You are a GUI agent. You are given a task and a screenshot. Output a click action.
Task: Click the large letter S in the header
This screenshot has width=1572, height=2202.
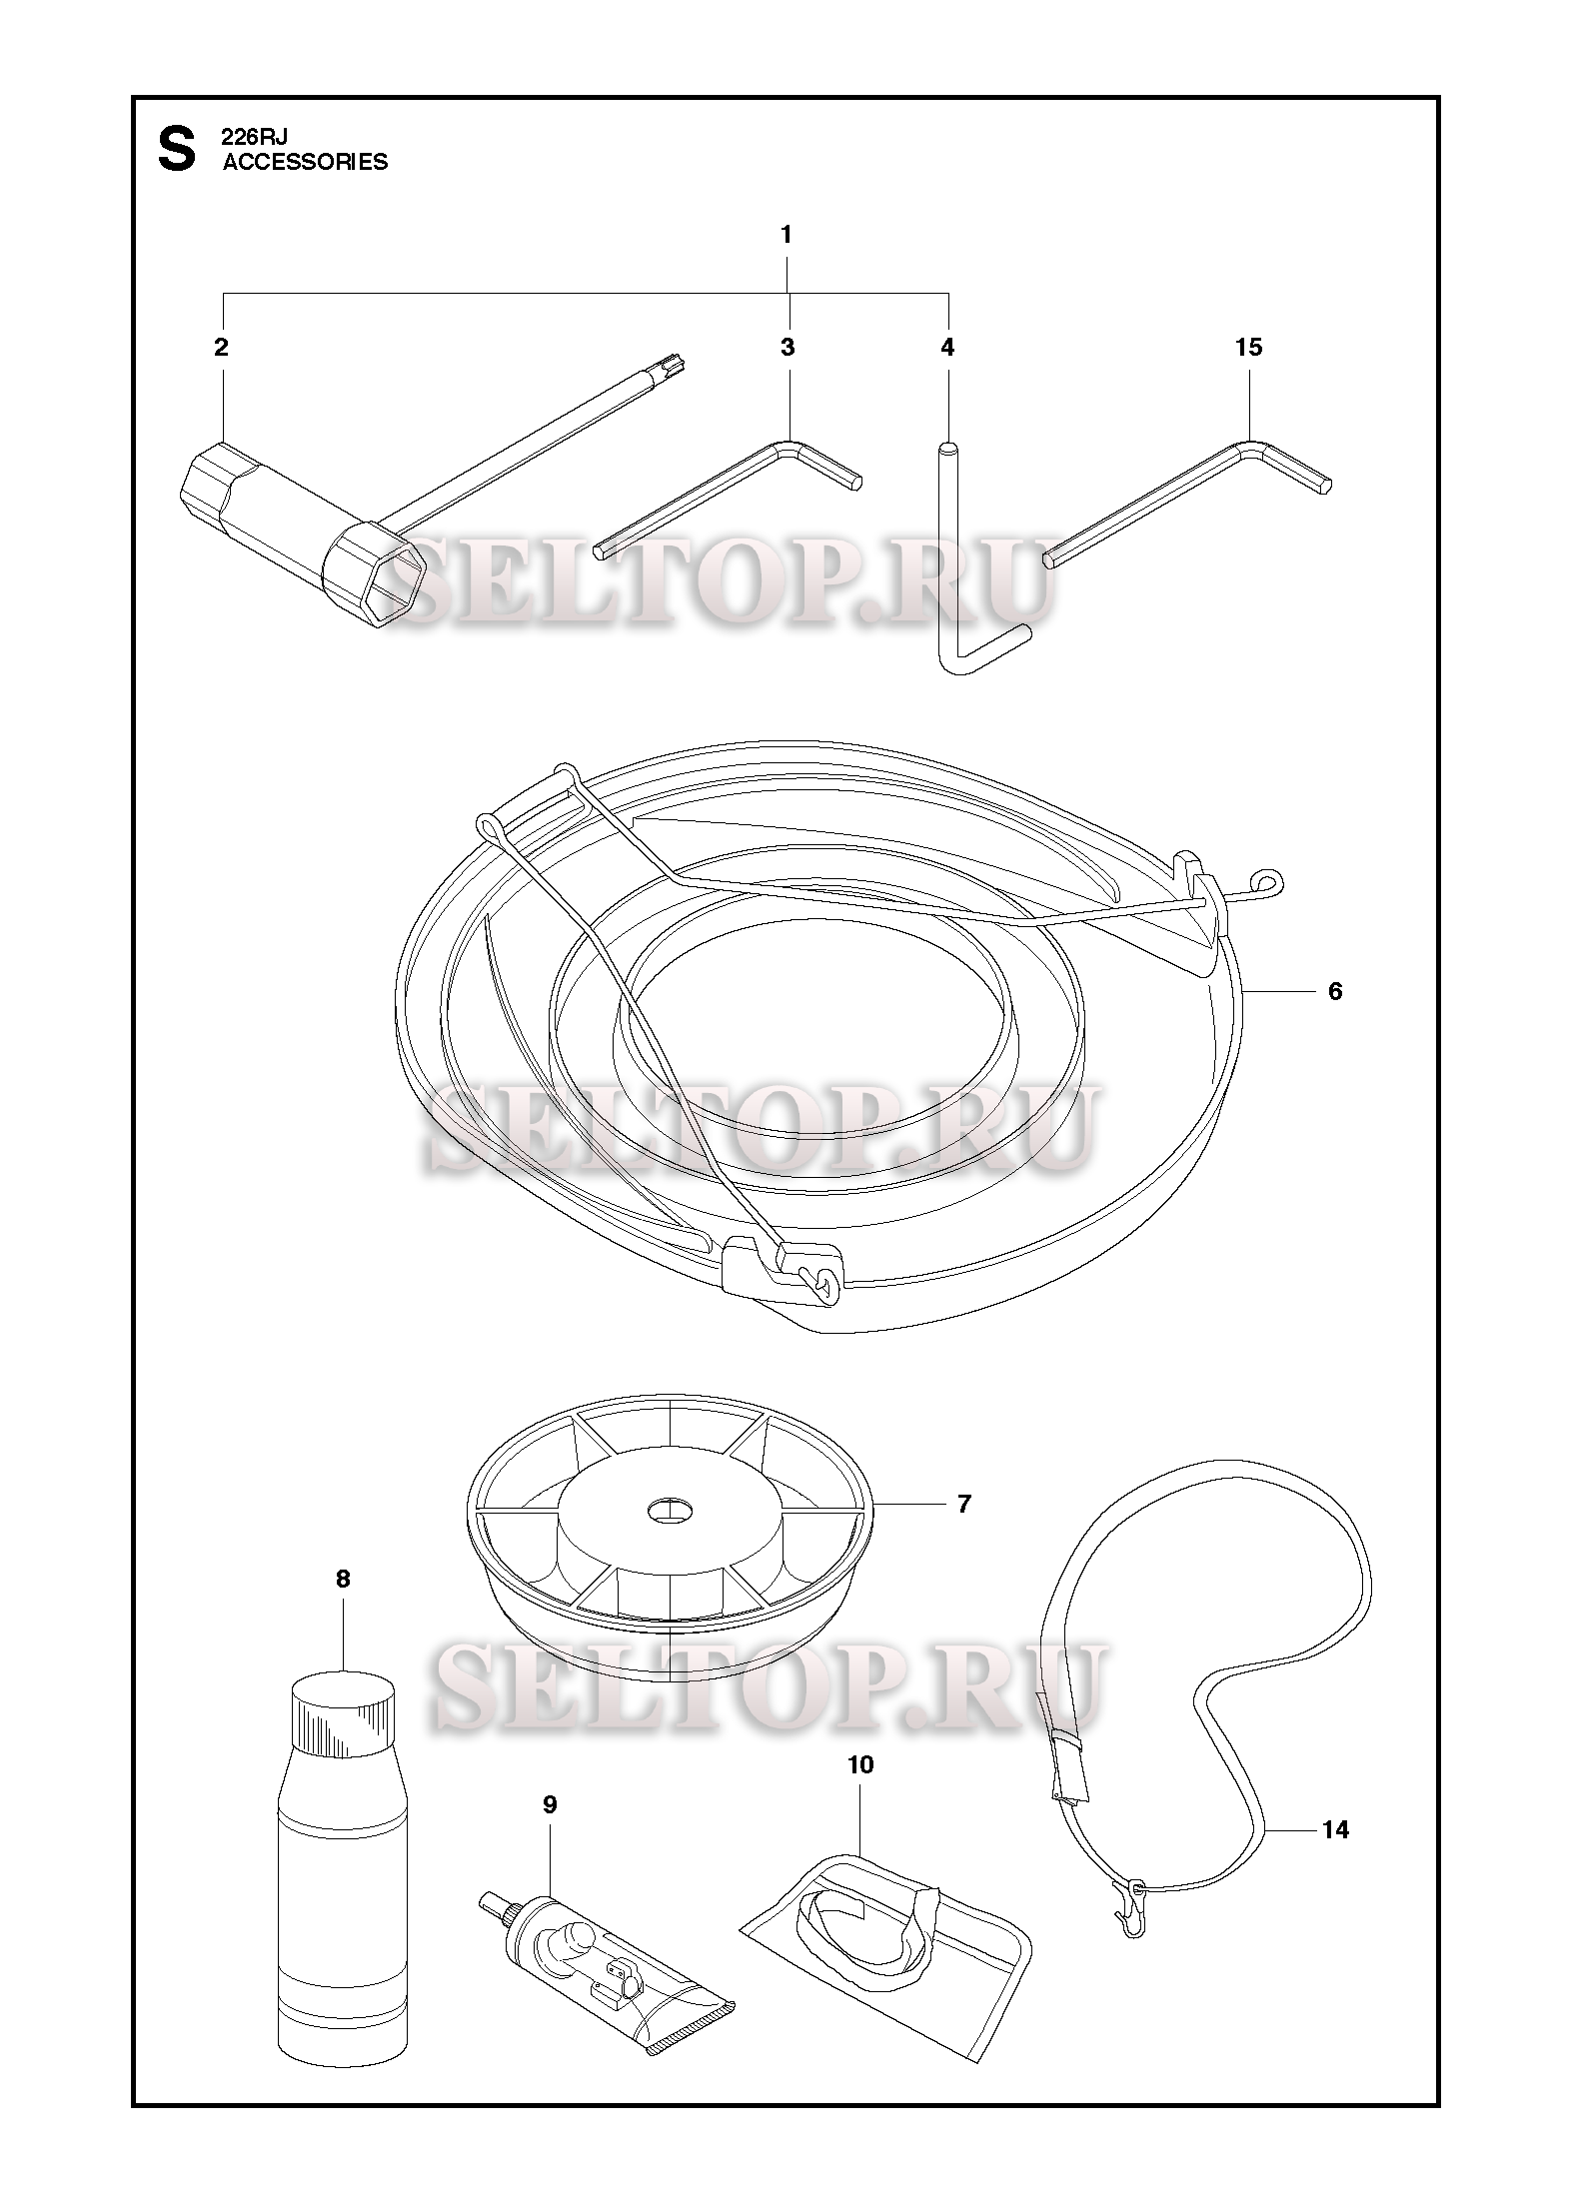(x=177, y=149)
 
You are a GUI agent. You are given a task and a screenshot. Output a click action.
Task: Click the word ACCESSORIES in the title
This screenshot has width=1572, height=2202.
(x=305, y=162)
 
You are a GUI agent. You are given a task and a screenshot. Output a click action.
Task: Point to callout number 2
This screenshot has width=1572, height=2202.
(x=221, y=347)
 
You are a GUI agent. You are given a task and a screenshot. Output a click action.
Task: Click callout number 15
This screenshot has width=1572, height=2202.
(x=1249, y=347)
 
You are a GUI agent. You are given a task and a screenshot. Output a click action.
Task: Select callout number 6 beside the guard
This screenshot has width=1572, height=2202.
(x=1335, y=991)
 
